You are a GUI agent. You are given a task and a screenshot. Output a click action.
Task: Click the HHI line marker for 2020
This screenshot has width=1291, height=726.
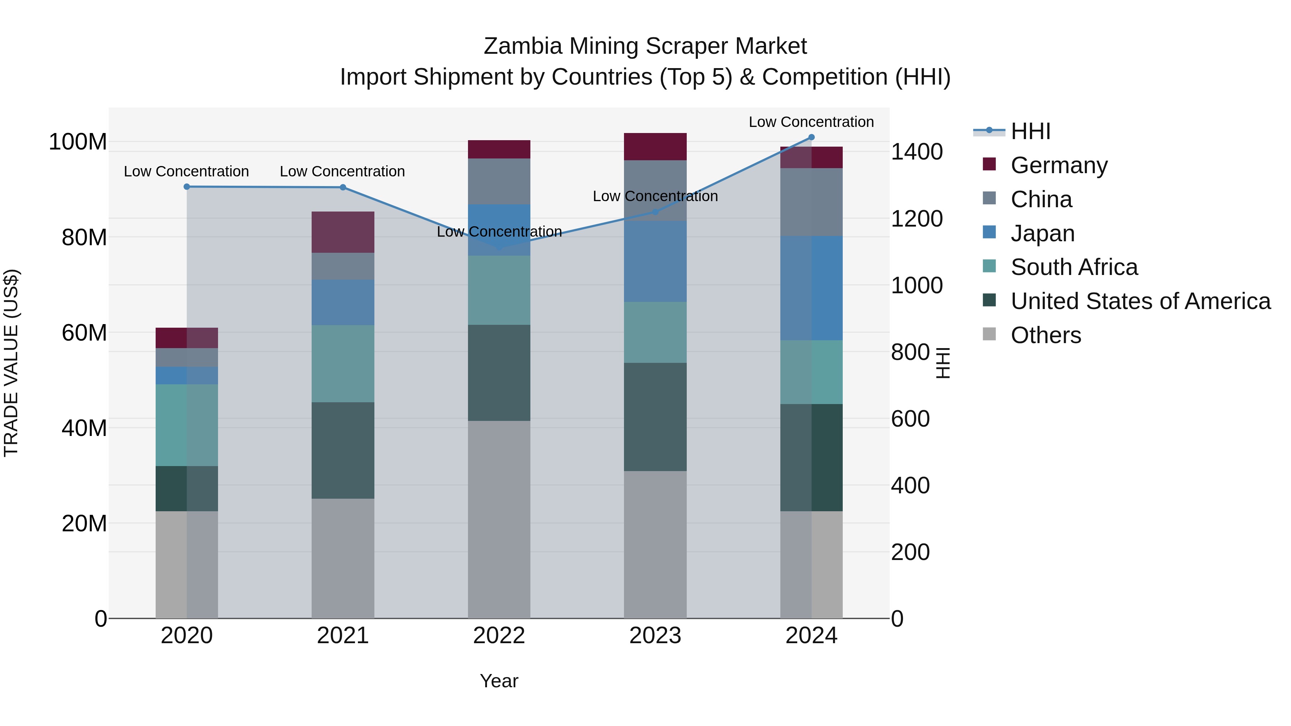[x=186, y=186]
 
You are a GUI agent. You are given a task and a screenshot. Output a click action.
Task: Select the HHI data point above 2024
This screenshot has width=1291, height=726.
[x=812, y=137]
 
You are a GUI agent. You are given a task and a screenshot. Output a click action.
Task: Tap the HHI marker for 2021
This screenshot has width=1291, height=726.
[x=343, y=188]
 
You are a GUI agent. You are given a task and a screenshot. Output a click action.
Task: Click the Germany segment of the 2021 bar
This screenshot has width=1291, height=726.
[x=343, y=232]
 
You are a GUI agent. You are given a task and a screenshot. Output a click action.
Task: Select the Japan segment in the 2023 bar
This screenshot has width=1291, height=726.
[x=655, y=261]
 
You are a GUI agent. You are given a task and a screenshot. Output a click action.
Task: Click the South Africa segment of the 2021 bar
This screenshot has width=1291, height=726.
[x=343, y=363]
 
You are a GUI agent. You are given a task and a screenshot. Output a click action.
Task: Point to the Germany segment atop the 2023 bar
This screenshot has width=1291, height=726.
[x=655, y=146]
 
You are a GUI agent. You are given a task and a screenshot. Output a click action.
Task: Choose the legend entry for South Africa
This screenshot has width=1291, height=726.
[x=1073, y=267]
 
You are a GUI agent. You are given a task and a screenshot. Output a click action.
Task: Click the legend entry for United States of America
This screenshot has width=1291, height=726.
[x=1140, y=301]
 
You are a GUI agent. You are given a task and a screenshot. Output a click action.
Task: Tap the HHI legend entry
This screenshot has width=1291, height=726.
[x=1030, y=131]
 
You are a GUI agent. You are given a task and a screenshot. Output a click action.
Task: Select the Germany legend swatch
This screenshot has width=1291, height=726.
[x=989, y=164]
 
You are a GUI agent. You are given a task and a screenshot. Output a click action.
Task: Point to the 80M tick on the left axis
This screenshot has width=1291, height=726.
[x=84, y=237]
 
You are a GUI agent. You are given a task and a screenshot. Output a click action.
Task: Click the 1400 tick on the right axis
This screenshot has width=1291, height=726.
[x=917, y=152]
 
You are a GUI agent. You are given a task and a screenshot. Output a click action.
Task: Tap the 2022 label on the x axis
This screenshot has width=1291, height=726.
[x=499, y=636]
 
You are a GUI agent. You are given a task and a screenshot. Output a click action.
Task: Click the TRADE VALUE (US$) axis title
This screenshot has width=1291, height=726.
[x=11, y=363]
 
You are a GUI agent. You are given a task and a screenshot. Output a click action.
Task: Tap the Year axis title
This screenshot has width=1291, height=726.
[x=499, y=681]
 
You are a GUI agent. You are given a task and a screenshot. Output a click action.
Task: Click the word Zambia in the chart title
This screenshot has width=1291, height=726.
[x=523, y=46]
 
